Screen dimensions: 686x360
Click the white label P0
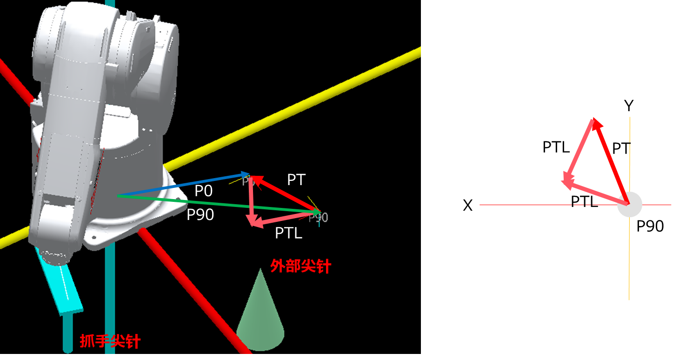coord(203,191)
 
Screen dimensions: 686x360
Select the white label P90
coord(200,215)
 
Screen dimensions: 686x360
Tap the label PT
coord(296,180)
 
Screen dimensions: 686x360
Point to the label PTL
coord(288,233)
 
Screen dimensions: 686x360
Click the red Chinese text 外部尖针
coord(300,266)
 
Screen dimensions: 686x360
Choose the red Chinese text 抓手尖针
coord(110,341)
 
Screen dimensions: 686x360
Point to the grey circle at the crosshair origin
coord(630,204)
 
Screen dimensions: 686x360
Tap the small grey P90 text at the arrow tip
coord(319,218)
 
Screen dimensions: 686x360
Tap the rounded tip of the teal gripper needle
coord(68,349)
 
